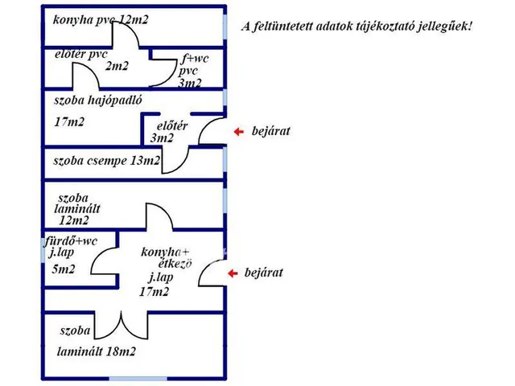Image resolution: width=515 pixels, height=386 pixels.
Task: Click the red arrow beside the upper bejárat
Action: (239, 132)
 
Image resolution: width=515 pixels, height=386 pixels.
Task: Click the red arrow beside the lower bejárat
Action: (233, 273)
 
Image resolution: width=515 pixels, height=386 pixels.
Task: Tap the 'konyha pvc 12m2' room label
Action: (101, 20)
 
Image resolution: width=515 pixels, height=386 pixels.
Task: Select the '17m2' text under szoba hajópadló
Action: (69, 122)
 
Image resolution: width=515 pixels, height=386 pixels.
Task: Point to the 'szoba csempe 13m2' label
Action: (107, 161)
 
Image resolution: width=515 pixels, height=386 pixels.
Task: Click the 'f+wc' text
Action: (195, 59)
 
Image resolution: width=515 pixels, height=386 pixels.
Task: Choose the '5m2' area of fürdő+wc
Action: (64, 269)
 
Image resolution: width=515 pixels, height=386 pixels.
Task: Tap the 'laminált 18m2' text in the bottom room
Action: (97, 352)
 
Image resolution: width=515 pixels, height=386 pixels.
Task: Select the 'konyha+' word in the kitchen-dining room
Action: (165, 252)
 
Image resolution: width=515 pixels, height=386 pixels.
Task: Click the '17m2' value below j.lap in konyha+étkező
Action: (154, 291)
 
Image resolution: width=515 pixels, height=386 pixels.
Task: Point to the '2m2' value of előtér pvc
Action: (117, 66)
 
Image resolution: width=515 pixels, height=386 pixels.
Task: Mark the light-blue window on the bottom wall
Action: (138, 379)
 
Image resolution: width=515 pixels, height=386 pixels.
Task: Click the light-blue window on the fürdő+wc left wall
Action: (43, 250)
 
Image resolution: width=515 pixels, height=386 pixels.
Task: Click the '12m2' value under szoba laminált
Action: (74, 220)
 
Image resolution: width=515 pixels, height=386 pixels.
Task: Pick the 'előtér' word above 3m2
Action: (172, 126)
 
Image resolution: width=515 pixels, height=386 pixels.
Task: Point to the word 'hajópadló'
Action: (115, 101)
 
